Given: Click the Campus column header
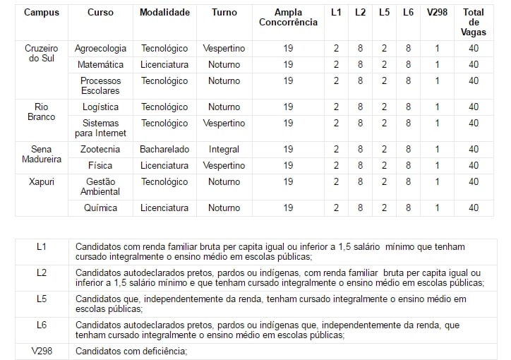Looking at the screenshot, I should pyautogui.click(x=42, y=13).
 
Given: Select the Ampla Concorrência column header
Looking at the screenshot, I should pyautogui.click(x=288, y=18).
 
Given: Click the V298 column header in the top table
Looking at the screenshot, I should pyautogui.click(x=436, y=13).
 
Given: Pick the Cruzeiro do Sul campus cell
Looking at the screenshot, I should pyautogui.click(x=42, y=54).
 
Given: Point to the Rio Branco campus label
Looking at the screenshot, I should pyautogui.click(x=42, y=112).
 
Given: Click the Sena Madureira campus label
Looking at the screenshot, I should pyautogui.click(x=42, y=154).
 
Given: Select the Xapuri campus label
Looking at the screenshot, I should pyautogui.click(x=42, y=181).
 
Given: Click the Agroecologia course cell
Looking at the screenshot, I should pyautogui.click(x=100, y=49).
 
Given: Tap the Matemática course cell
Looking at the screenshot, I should pyautogui.click(x=100, y=65).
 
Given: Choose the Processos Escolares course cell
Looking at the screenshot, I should pyautogui.click(x=100, y=85).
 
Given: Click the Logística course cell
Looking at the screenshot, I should pyautogui.click(x=100, y=107).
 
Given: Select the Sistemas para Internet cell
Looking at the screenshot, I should pyautogui.click(x=100, y=128).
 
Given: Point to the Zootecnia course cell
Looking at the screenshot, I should pyautogui.click(x=100, y=150).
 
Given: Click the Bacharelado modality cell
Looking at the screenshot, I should pyautogui.click(x=164, y=150).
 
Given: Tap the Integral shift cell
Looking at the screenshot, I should pyautogui.click(x=224, y=150).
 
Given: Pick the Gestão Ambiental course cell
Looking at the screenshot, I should pyautogui.click(x=100, y=186).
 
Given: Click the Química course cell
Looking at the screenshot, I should pyautogui.click(x=100, y=208).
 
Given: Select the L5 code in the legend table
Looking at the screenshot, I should pyautogui.click(x=42, y=299).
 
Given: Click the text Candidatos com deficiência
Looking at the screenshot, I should pyautogui.click(x=131, y=351).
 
